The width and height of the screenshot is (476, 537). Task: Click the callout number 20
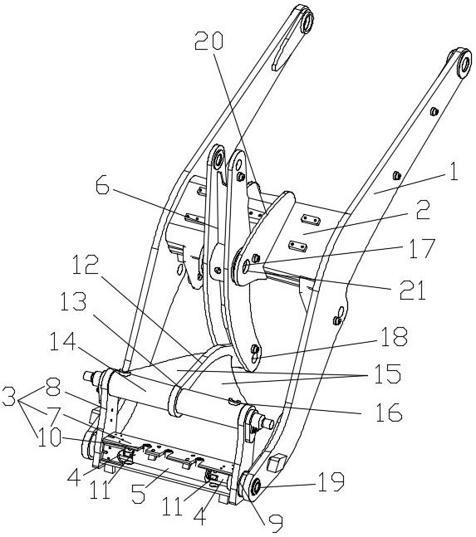[x=209, y=41]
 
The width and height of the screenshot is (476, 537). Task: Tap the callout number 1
[x=454, y=171]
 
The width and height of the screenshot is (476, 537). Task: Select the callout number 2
[x=423, y=210]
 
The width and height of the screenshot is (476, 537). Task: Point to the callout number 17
[x=422, y=248]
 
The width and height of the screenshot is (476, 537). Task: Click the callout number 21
[x=412, y=290]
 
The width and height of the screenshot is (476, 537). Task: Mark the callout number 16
[x=389, y=412]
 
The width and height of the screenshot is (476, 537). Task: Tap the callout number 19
[x=331, y=482]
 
